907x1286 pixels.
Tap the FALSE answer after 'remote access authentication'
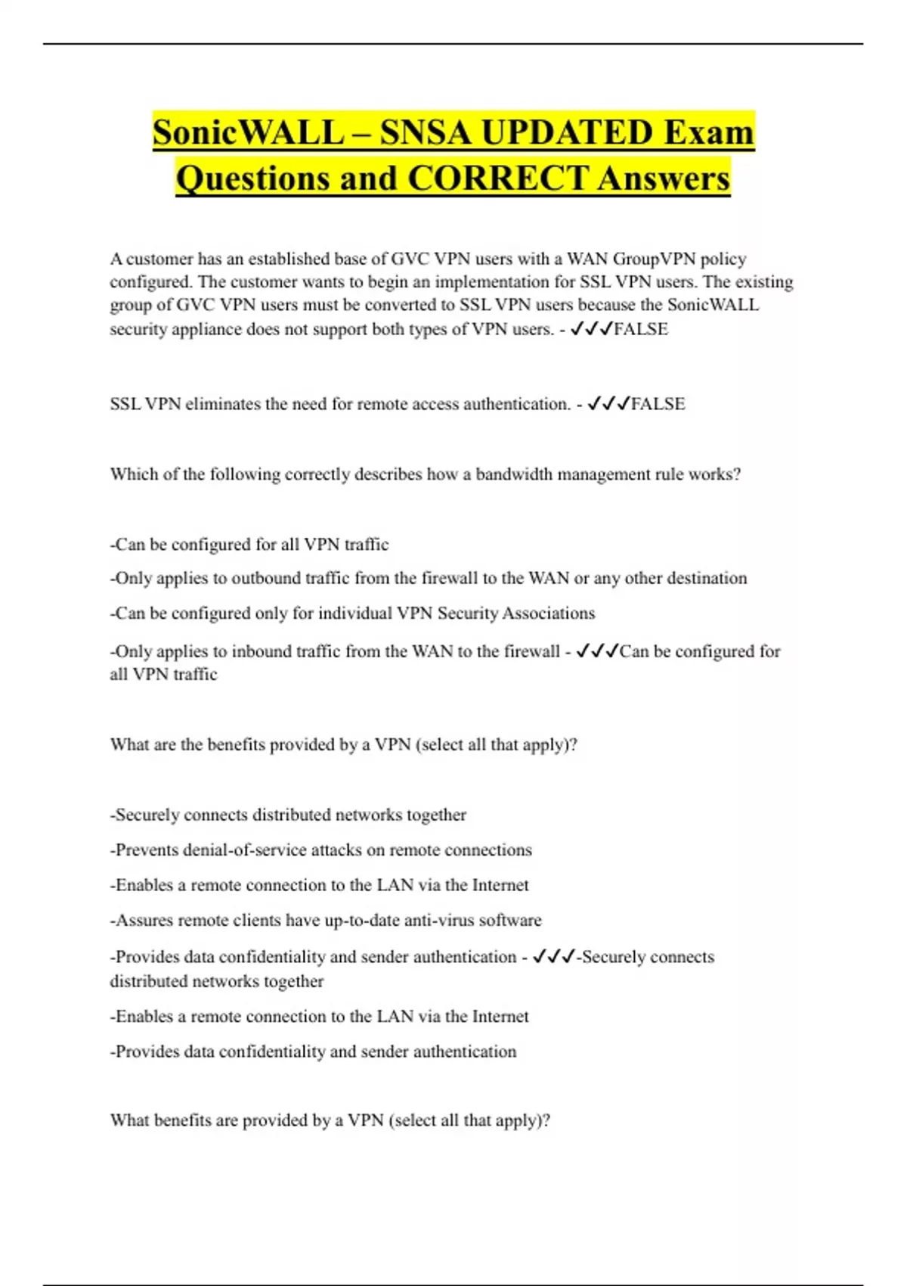pos(658,404)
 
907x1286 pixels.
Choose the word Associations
pos(548,613)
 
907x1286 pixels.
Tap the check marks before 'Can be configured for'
pos(596,651)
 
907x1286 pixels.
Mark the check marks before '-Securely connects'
pos(553,957)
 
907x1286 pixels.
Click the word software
pos(510,920)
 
